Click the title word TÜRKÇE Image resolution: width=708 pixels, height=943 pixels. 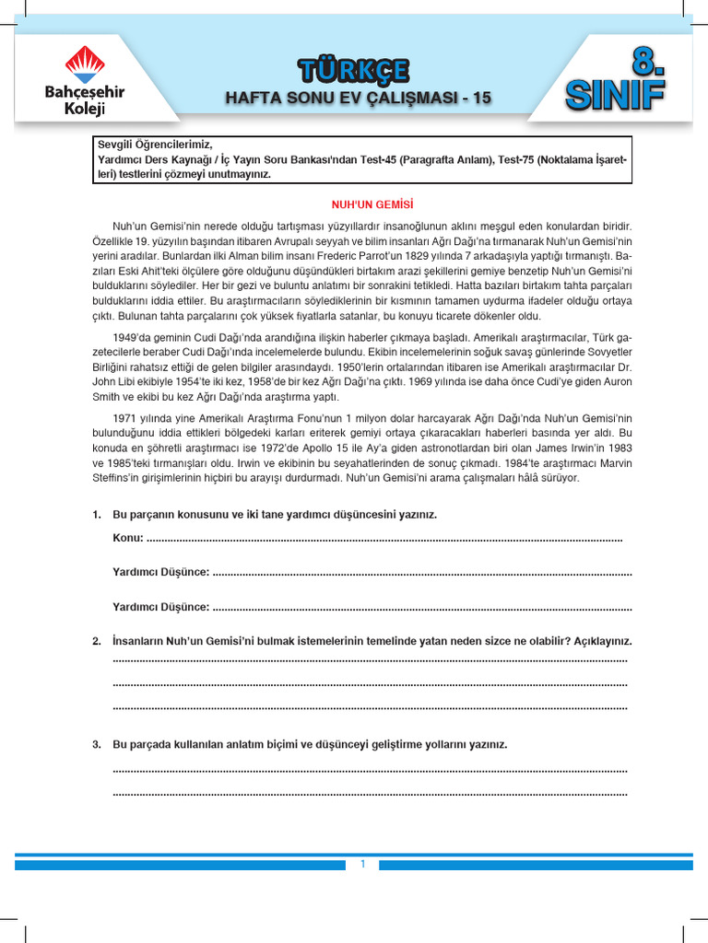[353, 70]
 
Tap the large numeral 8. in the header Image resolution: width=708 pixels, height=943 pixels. [647, 64]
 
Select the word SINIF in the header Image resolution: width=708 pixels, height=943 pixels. [616, 94]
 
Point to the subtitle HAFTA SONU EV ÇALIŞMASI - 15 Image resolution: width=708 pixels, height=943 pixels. [360, 97]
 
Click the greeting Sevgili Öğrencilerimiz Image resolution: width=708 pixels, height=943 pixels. [155, 145]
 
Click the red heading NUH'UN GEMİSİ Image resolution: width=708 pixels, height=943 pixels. [366, 204]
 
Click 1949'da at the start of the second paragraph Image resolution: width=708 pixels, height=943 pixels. [133, 338]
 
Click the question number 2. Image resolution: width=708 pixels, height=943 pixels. [97, 641]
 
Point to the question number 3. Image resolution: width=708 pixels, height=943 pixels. [97, 744]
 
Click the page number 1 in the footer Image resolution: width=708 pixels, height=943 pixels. [363, 864]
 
